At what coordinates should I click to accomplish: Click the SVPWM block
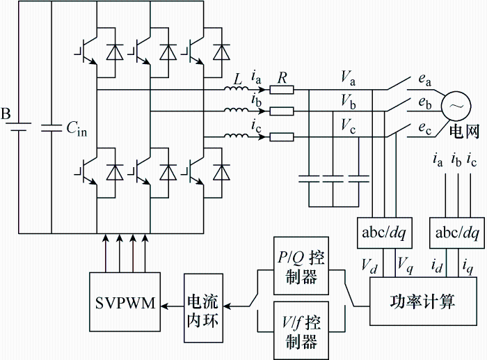coord(125,302)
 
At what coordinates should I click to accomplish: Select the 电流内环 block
coord(203,308)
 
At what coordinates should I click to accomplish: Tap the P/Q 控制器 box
coord(301,266)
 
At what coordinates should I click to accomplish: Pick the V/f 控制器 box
coord(301,331)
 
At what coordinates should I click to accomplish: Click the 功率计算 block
coord(423,302)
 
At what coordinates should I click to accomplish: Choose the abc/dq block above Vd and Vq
coord(385,233)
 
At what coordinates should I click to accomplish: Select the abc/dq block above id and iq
coord(457,233)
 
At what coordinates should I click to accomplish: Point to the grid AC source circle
coord(456,106)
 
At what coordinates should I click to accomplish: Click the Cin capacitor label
coord(77,127)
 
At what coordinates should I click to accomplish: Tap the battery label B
coord(6,114)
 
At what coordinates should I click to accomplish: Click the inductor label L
coord(238,79)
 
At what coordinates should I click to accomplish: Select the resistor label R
coord(282,78)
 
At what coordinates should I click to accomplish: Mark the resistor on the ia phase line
coord(281,90)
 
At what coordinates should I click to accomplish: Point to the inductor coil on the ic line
coord(237,136)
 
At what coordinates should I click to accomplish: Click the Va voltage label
coord(348,78)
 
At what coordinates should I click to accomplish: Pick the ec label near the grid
coord(425,128)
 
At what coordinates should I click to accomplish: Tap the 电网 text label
coord(464,132)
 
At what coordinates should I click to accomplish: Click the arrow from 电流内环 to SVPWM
coord(173,306)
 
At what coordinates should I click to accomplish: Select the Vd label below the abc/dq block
coord(369,267)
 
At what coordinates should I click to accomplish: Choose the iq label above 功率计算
coord(468,267)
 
